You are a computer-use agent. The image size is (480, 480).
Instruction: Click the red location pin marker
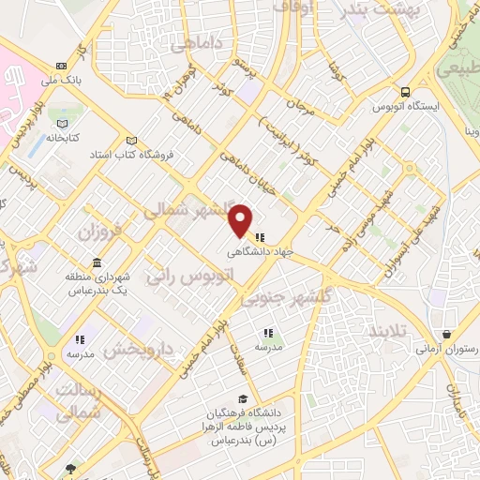(241, 220)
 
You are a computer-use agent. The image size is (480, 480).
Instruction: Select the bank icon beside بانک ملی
(62, 66)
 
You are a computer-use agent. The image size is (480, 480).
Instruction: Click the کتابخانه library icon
(62, 124)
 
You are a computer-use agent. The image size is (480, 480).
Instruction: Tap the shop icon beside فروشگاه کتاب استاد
(132, 140)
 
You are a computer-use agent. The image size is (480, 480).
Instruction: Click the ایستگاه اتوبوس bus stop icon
(405, 92)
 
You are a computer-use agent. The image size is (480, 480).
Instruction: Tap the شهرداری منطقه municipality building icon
(97, 262)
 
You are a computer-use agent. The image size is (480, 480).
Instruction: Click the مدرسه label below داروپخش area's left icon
(80, 354)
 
